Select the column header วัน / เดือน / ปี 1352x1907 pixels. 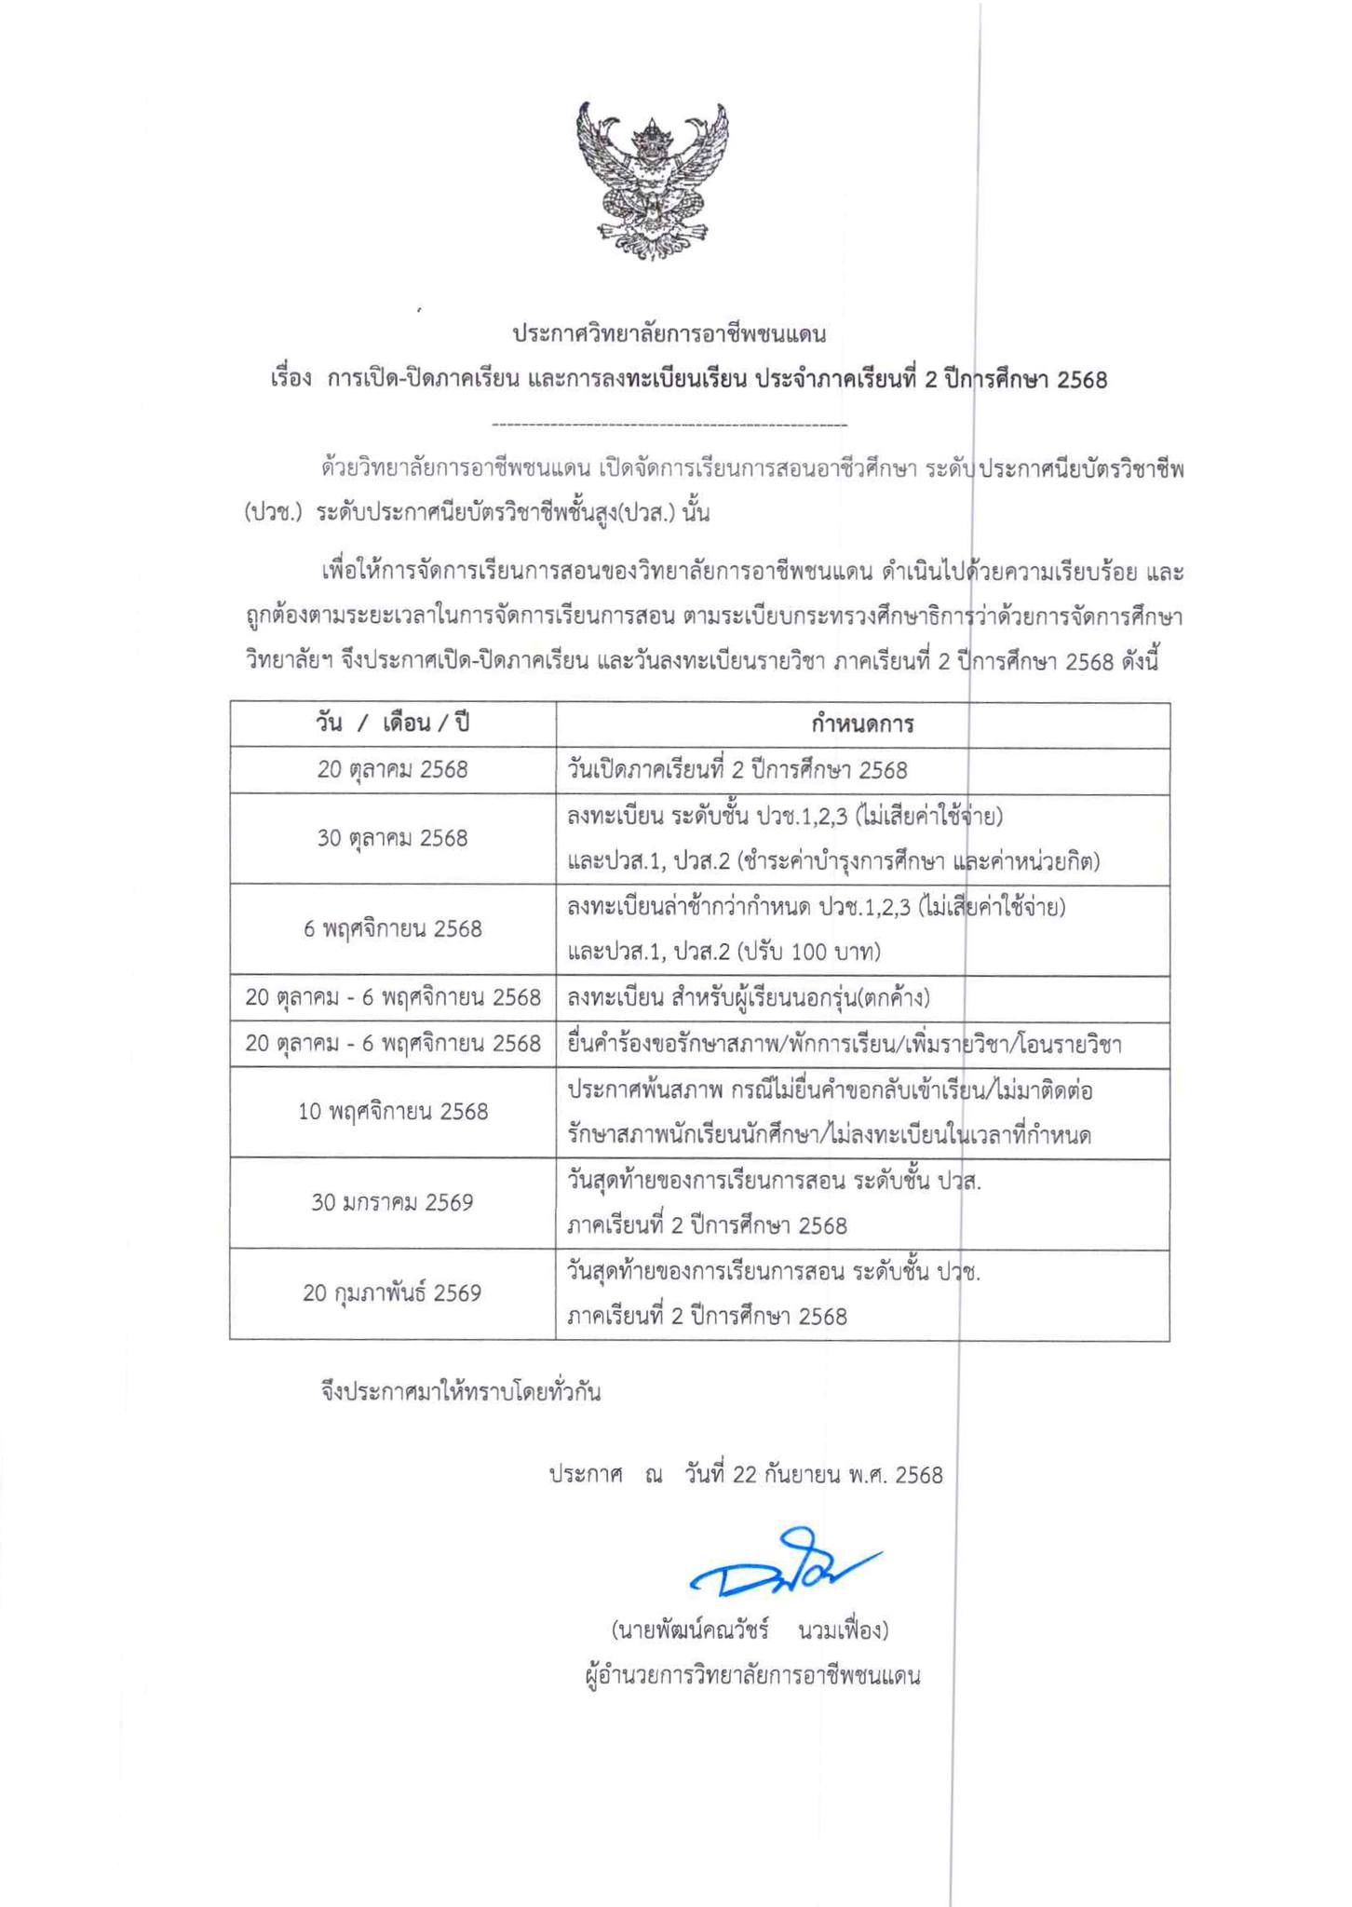tap(392, 724)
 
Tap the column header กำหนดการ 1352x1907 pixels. tap(861, 724)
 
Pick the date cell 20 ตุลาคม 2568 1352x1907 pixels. tap(392, 770)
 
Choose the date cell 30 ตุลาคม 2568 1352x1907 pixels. tap(392, 838)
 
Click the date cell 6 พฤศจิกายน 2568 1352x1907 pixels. tap(392, 928)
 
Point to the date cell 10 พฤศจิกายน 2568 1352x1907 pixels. tap(392, 1112)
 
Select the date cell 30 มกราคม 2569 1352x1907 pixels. tap(392, 1202)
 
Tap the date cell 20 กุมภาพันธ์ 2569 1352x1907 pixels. tap(392, 1293)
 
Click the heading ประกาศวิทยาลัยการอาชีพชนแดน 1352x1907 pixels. tap(669, 333)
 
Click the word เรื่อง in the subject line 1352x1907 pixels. tap(290, 380)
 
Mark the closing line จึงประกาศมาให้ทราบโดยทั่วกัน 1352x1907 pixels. tap(460, 1393)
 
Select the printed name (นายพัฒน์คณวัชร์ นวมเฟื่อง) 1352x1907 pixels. tap(750, 1630)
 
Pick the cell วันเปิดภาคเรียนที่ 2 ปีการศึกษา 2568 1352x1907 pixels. tap(737, 770)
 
